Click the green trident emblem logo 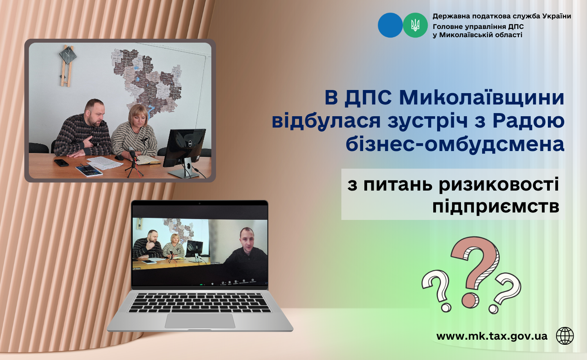tap(415, 25)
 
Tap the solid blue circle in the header tap(390, 25)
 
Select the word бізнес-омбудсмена tap(455, 144)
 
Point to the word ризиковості tap(499, 184)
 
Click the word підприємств tap(495, 206)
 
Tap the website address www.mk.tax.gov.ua tap(492, 336)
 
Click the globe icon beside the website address tap(565, 336)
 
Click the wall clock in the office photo tap(68, 56)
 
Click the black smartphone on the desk tap(61, 162)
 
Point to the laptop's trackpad tap(200, 321)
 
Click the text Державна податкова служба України tap(502, 16)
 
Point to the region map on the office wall tap(149, 78)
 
